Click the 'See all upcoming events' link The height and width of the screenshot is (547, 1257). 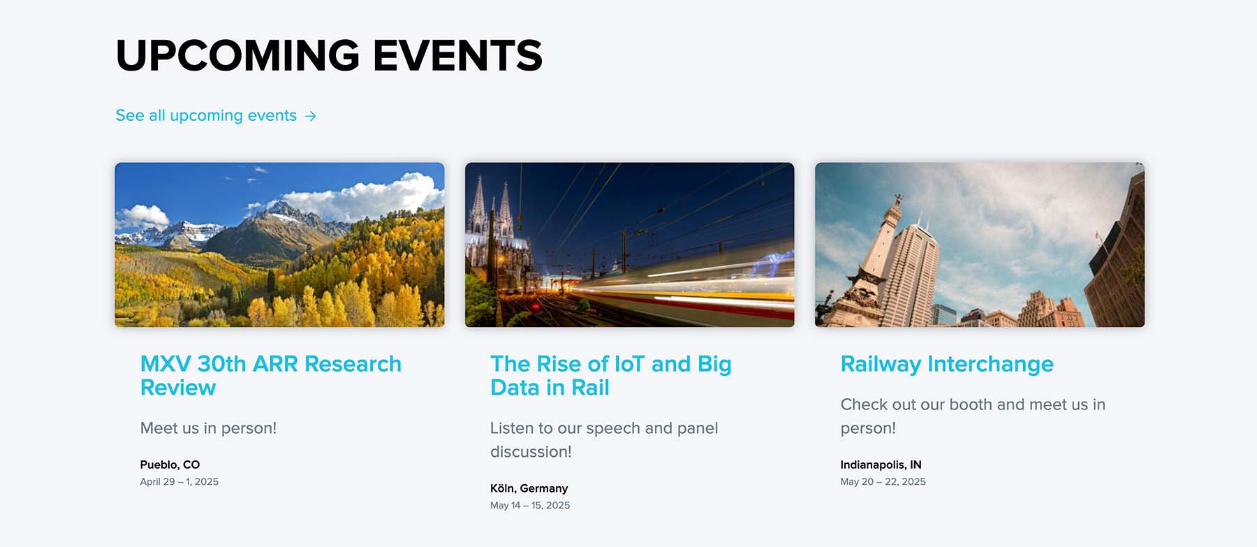pyautogui.click(x=206, y=115)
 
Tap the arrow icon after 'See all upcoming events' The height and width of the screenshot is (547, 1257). pyautogui.click(x=311, y=116)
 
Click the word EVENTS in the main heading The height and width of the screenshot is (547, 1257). pyautogui.click(x=457, y=56)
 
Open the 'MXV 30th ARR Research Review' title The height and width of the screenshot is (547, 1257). pyautogui.click(x=270, y=375)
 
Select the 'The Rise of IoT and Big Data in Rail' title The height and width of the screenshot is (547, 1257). pyautogui.click(x=610, y=375)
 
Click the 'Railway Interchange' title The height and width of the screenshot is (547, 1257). pyautogui.click(x=946, y=364)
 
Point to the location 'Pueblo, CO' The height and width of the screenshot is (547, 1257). pyautogui.click(x=170, y=465)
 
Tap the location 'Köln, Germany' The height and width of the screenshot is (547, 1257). pyautogui.click(x=529, y=488)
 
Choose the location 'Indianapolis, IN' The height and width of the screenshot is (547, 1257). pyautogui.click(x=881, y=465)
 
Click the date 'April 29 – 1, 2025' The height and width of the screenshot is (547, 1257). pyautogui.click(x=179, y=481)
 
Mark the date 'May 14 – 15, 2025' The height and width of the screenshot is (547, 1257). pyautogui.click(x=529, y=505)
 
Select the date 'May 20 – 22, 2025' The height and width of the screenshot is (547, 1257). pyautogui.click(x=883, y=481)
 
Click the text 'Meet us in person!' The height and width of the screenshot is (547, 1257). pyautogui.click(x=208, y=428)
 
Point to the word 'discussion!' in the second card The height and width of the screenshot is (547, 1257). pyautogui.click(x=531, y=452)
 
